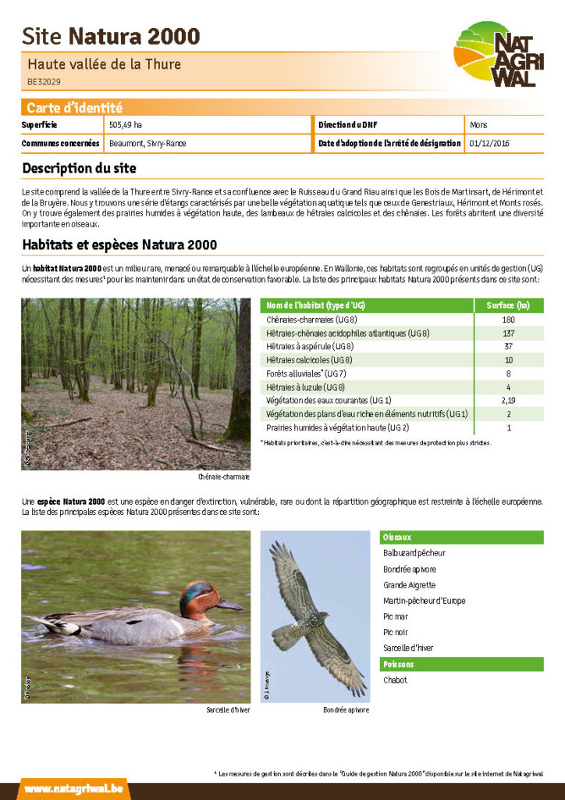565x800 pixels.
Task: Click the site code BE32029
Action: (x=44, y=80)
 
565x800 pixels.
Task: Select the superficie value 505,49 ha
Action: (x=126, y=125)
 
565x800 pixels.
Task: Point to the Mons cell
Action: (x=478, y=125)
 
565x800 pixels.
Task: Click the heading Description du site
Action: (x=79, y=168)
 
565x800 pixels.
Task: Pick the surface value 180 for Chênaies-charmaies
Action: (x=508, y=320)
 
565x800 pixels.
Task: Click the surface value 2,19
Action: (x=508, y=401)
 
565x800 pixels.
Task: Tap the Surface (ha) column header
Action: (x=508, y=305)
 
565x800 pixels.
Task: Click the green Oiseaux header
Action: (x=460, y=537)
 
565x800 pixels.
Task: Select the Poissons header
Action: (x=460, y=665)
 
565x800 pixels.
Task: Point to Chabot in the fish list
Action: (x=395, y=680)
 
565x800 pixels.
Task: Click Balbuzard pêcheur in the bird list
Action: (x=414, y=553)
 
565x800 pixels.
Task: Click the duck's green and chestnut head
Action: (x=198, y=596)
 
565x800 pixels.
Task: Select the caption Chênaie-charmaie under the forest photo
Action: (x=224, y=477)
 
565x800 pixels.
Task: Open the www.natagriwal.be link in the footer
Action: (x=73, y=789)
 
